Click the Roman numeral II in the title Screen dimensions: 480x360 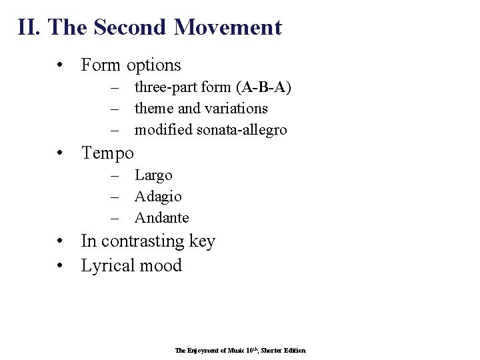(29, 27)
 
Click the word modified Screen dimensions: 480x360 (163, 129)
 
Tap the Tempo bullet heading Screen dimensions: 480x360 (107, 153)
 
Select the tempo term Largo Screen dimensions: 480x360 (153, 175)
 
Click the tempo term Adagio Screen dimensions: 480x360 (158, 197)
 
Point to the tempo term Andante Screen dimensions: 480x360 (161, 218)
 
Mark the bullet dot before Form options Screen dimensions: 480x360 (61, 65)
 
